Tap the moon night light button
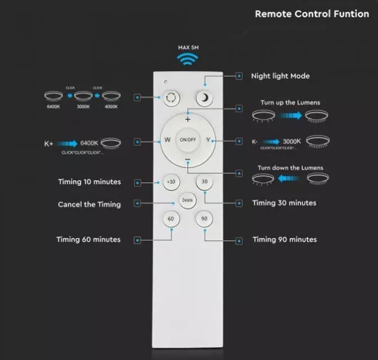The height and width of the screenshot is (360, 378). coord(204,97)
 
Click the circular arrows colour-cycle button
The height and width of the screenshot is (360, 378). coord(170,97)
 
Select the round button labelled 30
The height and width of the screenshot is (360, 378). coord(204,182)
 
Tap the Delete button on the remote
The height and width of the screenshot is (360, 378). coord(187,200)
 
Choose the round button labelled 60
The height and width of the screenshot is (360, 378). coord(170,219)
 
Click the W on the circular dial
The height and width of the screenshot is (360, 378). coord(167,140)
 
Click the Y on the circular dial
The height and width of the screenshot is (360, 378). coord(208,140)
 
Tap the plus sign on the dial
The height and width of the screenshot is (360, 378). coord(188,119)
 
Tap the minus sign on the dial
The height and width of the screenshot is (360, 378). coord(188,160)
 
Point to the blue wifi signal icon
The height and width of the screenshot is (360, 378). coord(188,59)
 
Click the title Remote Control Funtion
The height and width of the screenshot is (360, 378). coord(311,14)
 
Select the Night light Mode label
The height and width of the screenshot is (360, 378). coord(280,76)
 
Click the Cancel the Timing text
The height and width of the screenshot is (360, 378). coord(89,204)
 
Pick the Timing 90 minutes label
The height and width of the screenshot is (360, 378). coord(284,239)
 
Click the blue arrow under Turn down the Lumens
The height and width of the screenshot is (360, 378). coord(290,179)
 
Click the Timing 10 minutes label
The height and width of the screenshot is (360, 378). coord(89,182)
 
